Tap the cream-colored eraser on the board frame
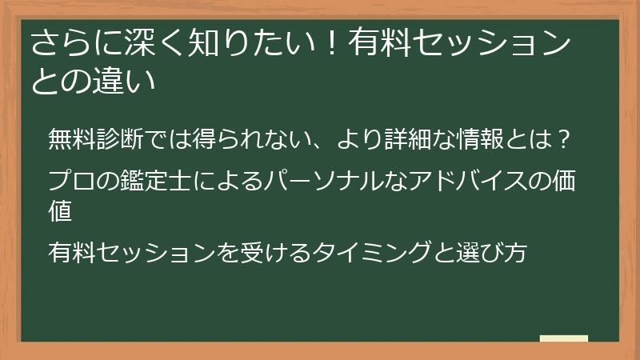click(x=565, y=339)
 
